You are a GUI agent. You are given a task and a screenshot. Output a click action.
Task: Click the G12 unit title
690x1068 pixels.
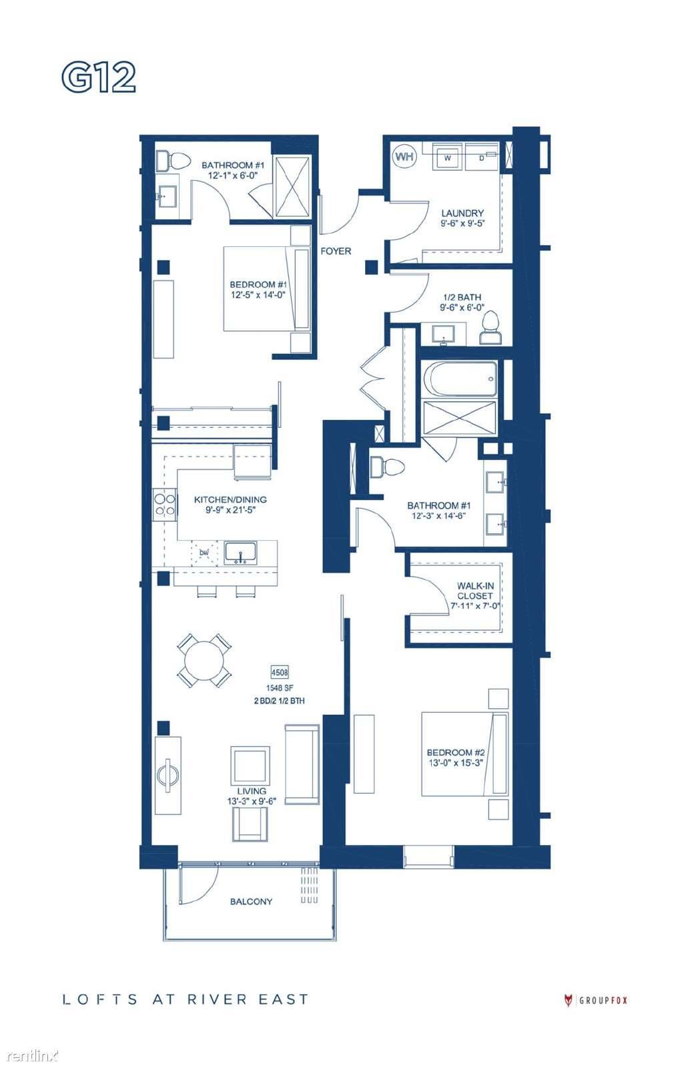[99, 77]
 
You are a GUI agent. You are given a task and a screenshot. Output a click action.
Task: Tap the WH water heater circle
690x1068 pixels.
[404, 156]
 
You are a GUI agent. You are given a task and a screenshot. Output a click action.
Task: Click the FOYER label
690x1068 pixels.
[336, 251]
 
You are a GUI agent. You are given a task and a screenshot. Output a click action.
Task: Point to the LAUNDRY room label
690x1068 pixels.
[462, 213]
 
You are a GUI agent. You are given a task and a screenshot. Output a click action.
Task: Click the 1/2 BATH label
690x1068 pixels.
[462, 297]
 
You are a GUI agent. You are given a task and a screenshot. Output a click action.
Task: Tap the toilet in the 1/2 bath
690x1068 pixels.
[490, 328]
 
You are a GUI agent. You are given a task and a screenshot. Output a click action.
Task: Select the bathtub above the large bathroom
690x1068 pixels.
[459, 380]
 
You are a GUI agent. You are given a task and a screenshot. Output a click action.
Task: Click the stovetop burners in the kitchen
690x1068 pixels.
[164, 505]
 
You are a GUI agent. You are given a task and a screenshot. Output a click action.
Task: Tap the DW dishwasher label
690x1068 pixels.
[204, 553]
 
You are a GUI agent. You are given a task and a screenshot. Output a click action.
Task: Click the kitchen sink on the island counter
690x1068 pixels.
[241, 553]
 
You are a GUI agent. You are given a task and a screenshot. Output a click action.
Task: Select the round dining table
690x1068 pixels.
[204, 661]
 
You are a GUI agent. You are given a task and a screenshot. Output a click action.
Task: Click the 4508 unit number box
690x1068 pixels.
[280, 673]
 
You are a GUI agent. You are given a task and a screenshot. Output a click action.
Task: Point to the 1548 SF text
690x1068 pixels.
[280, 688]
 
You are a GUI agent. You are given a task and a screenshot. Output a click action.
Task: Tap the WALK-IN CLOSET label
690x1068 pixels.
[475, 591]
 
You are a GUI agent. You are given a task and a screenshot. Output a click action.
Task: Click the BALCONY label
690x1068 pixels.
[251, 902]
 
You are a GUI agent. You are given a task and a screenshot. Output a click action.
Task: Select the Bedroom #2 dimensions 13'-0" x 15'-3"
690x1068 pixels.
[456, 763]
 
